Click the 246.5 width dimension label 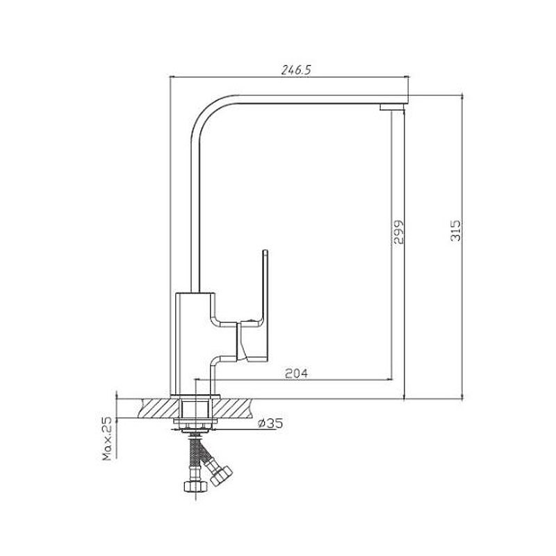tap(296, 70)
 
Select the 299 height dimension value tap(398, 232)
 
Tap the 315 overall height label tap(456, 231)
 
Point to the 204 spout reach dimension tap(297, 373)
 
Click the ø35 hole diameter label tap(270, 423)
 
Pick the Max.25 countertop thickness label tap(107, 439)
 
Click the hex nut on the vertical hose tap(195, 486)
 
